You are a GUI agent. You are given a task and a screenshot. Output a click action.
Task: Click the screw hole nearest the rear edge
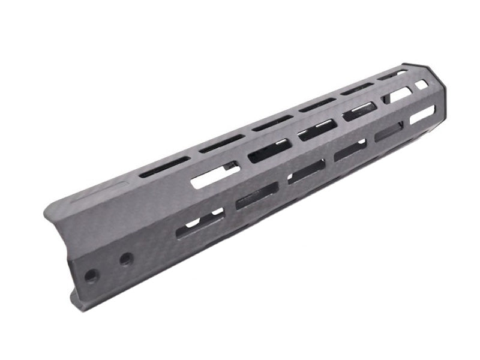click(91, 276)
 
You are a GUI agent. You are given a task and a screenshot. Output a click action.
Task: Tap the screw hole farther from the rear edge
click(126, 259)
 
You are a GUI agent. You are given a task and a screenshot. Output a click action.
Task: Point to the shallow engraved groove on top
click(100, 191)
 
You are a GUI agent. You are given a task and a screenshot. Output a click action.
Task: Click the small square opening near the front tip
click(422, 85)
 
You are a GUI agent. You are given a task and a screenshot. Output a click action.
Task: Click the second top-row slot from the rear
click(221, 143)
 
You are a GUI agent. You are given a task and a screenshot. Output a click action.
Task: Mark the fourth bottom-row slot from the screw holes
click(350, 150)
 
